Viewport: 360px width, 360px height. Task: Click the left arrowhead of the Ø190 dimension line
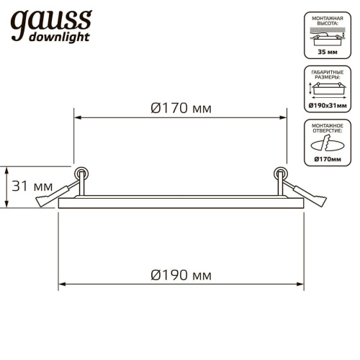(x=61, y=284)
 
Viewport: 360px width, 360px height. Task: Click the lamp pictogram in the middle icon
(x=329, y=89)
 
